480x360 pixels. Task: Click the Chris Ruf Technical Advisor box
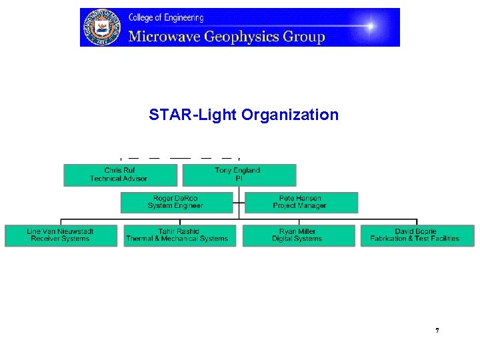coord(120,175)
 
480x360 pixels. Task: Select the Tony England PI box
coord(239,175)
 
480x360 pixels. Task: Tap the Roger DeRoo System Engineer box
coord(177,202)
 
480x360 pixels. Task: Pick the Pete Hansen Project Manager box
coord(301,202)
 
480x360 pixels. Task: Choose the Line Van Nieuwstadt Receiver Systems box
coord(61,235)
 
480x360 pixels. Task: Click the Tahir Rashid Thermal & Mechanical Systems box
coord(180,235)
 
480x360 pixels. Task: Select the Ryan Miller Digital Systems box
coord(298,235)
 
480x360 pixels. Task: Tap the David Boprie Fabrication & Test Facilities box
coord(417,235)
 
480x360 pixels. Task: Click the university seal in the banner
coord(102,27)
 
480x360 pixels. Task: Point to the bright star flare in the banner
coord(370,27)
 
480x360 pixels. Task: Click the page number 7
coord(437,331)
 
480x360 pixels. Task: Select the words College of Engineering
coord(166,17)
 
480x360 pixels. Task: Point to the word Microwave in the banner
coord(164,36)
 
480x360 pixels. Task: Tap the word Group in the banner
coord(303,36)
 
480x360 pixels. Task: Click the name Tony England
coord(237,171)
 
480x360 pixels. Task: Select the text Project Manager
coord(300,206)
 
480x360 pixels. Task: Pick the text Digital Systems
coord(297,239)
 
